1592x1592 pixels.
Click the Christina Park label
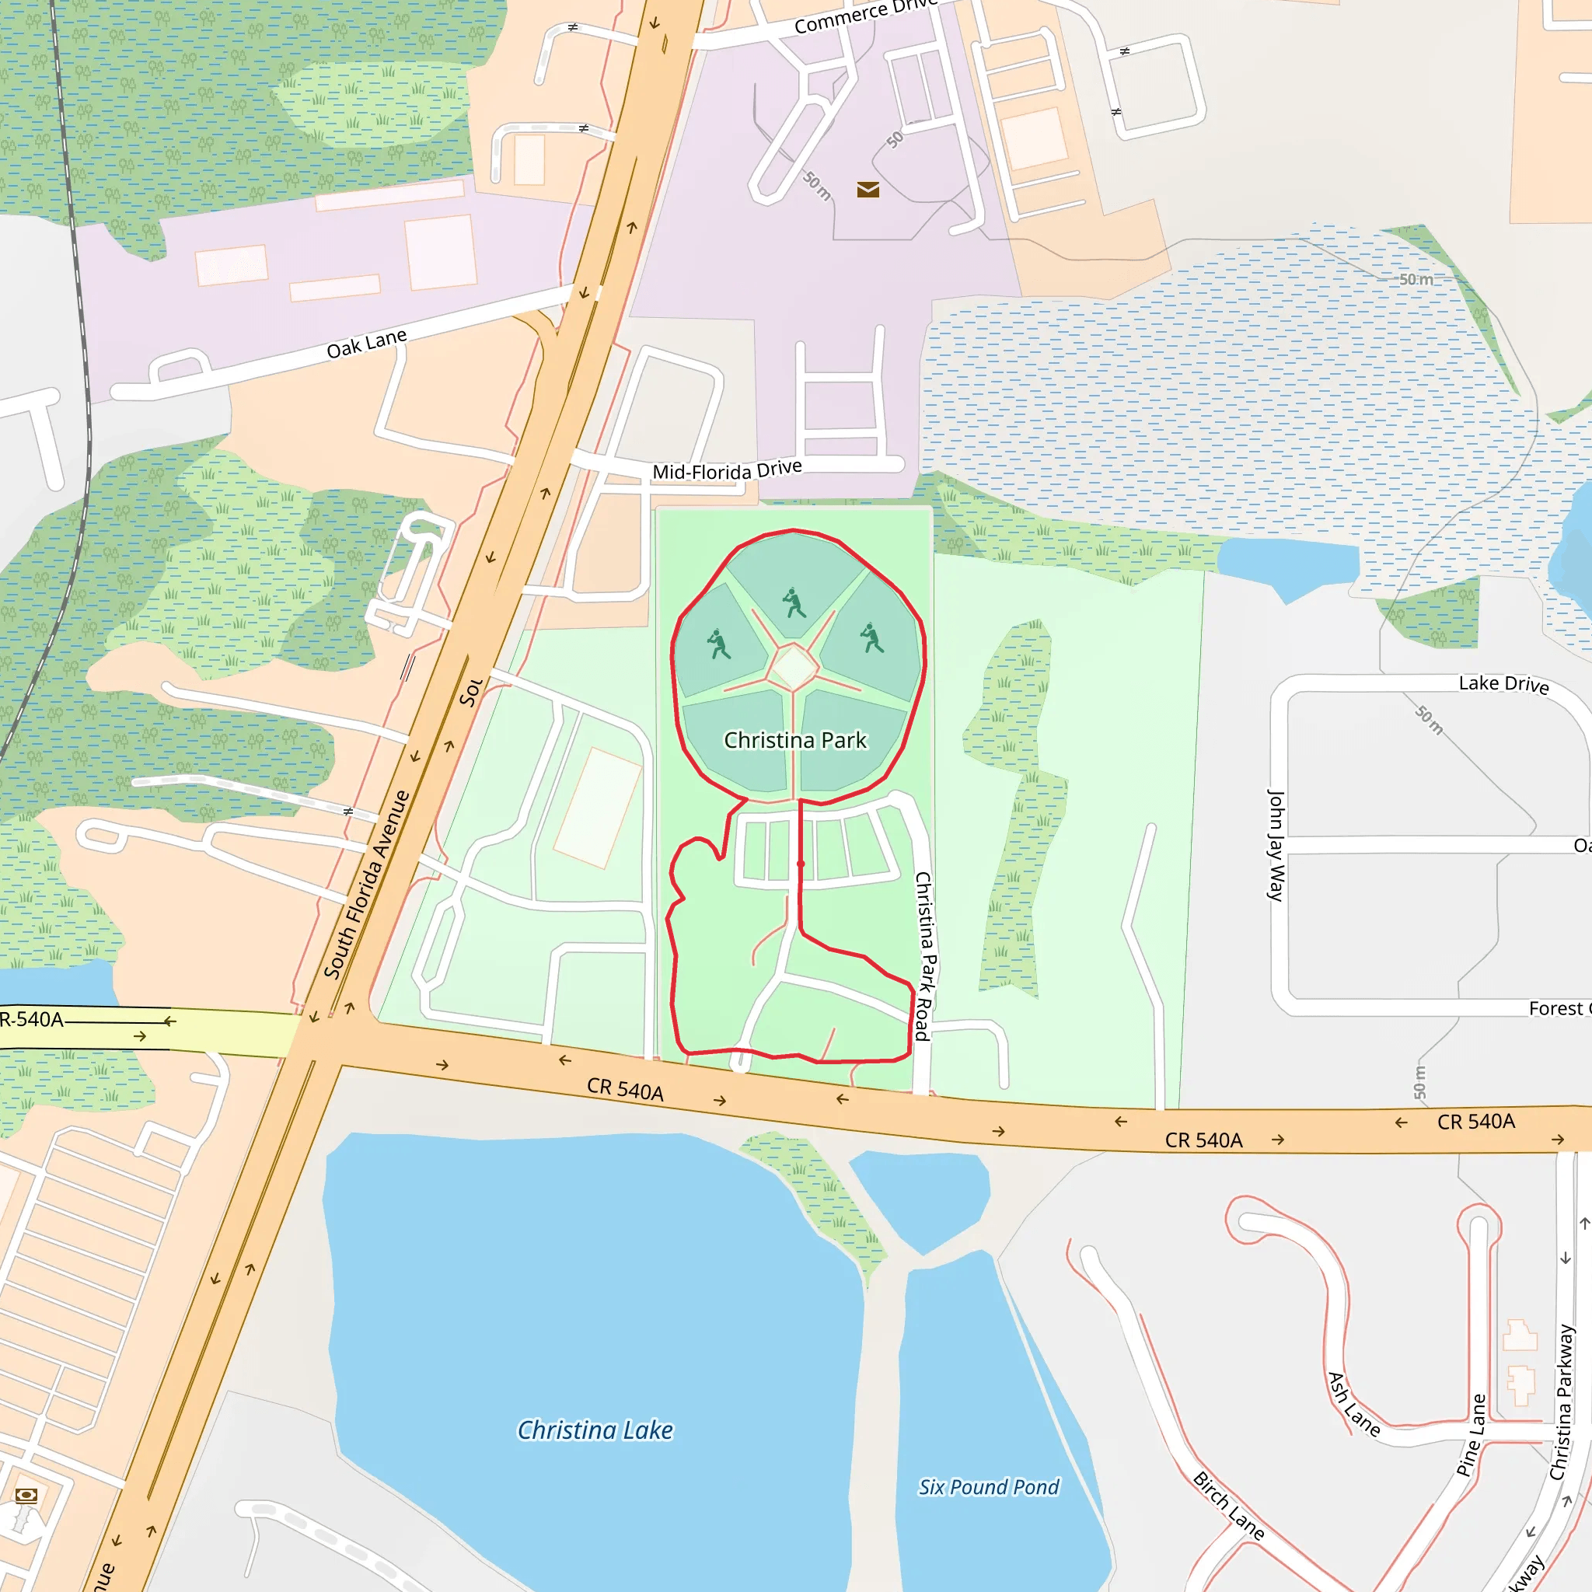[795, 740]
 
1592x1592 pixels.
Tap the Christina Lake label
[595, 1430]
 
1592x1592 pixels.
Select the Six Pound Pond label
[989, 1486]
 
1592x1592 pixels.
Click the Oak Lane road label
[367, 344]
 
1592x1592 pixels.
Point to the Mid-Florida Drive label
[727, 470]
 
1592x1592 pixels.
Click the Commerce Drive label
[865, 16]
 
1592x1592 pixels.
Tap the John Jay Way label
[1276, 845]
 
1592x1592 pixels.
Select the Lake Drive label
[1503, 684]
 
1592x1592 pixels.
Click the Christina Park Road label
[924, 956]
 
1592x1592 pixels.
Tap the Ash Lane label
[1354, 1404]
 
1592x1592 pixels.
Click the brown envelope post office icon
[868, 190]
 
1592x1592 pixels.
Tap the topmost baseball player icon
[794, 603]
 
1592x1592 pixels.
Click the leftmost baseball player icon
[718, 644]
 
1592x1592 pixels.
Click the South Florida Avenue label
[367, 883]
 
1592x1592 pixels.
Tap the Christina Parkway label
[1562, 1402]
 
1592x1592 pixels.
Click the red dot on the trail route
[801, 864]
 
